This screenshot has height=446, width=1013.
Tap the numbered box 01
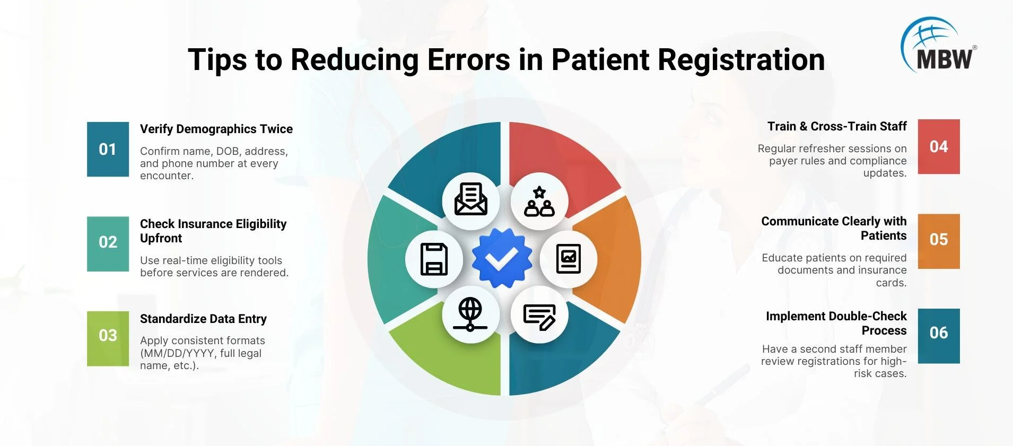tap(108, 149)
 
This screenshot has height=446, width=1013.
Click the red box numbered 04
tap(939, 146)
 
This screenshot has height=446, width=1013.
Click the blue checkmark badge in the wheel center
tap(502, 258)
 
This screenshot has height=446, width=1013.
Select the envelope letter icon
tap(471, 199)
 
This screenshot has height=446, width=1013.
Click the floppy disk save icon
tap(434, 259)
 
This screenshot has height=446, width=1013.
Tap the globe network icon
tap(470, 314)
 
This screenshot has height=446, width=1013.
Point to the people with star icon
tap(539, 201)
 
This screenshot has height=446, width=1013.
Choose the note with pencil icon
tap(539, 317)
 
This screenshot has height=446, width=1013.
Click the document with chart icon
tap(569, 259)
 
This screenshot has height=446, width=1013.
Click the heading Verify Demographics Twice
tap(216, 129)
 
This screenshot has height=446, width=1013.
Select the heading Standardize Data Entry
tap(203, 319)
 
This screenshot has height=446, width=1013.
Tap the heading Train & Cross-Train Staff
tap(837, 126)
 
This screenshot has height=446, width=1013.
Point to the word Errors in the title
tap(469, 59)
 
